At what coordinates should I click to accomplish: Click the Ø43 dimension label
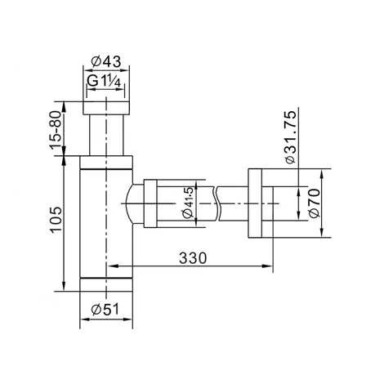106,62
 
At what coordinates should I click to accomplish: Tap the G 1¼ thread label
104,81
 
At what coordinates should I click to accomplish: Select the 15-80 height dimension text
56,130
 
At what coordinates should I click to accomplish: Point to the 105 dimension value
56,220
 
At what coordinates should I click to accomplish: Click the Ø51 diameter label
105,310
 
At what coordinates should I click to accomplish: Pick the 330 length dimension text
193,257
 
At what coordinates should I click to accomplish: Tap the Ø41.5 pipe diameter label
188,203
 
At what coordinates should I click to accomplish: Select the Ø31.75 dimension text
289,136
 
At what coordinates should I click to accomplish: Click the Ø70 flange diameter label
315,203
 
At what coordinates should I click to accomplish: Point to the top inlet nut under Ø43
106,108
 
